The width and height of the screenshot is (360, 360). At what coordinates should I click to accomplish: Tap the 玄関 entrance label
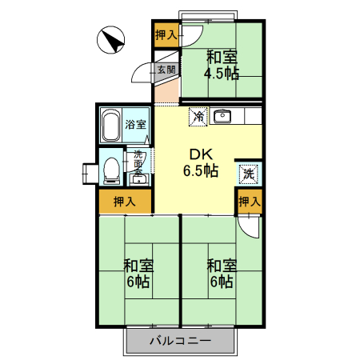166,70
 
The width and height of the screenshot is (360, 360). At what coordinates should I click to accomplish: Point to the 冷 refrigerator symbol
198,117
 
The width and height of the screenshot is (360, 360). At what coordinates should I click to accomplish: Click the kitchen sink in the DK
222,117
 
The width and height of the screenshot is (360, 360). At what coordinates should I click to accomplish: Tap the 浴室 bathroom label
136,124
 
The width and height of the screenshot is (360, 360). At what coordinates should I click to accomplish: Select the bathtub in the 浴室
110,125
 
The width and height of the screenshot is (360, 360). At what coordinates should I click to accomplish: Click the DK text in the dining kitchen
200,154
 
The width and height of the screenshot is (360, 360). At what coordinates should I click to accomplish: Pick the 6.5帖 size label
200,170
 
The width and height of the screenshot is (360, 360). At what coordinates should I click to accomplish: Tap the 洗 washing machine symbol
248,173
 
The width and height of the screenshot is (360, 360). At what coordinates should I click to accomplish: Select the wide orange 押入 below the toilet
124,202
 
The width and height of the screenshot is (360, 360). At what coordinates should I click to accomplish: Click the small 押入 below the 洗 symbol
249,202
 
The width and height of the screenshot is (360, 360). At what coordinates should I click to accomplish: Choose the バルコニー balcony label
181,342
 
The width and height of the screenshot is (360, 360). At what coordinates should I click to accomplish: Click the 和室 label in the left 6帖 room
138,266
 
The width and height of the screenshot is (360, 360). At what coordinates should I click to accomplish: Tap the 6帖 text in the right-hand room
222,282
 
